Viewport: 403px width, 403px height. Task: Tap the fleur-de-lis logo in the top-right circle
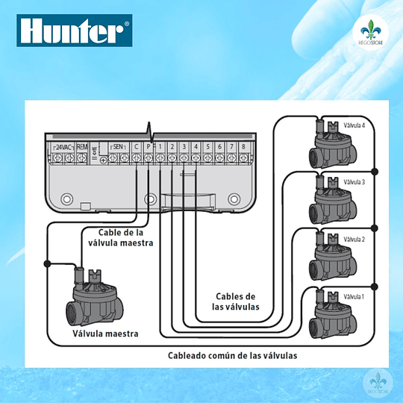[x=369, y=34]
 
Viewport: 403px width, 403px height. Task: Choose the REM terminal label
[x=82, y=147]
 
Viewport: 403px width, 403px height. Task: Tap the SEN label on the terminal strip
[x=117, y=147]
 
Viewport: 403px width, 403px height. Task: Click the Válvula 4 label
[x=353, y=125]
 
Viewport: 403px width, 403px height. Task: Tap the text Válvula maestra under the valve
[x=105, y=334]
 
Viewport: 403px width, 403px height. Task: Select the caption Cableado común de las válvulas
[x=232, y=355]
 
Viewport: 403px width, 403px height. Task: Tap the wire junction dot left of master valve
[x=47, y=263]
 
